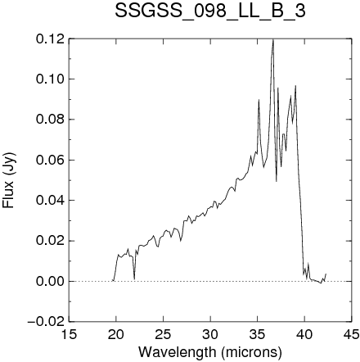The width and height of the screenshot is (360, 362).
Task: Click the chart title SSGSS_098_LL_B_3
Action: coord(210,11)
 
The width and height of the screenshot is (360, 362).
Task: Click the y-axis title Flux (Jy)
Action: coord(10,180)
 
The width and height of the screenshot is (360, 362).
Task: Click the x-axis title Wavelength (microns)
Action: coord(210,352)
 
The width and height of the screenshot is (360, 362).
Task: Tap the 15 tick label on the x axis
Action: coord(69,334)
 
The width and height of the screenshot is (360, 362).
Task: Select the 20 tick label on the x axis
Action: coord(116,334)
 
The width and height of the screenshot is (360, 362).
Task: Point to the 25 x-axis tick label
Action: coord(163,334)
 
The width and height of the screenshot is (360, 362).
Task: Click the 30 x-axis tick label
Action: coord(210,334)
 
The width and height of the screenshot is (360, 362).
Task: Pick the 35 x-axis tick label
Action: coord(258,334)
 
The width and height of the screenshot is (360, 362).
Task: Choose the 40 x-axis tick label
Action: coord(304,334)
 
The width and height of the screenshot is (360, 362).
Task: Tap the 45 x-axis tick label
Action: coord(352,334)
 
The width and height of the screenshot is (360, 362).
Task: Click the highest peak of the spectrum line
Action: coord(273,40)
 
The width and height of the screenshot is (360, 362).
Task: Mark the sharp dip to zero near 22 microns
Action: coord(134,279)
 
